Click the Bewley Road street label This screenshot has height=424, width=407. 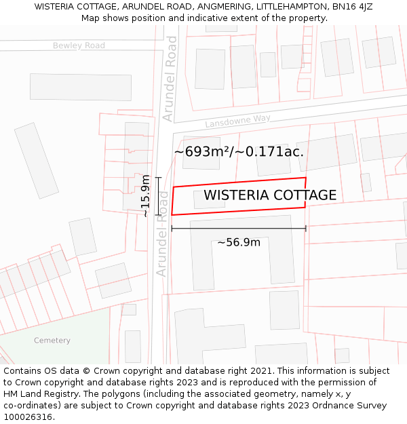click(79, 45)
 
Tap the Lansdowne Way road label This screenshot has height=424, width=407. click(238, 121)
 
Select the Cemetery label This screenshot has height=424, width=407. click(52, 341)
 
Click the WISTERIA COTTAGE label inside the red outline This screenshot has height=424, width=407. click(270, 195)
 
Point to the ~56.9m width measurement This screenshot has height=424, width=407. click(239, 242)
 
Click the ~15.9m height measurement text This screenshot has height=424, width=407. click(145, 196)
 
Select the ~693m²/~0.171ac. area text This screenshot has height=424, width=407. click(239, 151)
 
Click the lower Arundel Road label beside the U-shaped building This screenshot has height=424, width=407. click(163, 234)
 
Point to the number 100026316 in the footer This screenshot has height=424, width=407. click(28, 417)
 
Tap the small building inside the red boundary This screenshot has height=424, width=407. click(208, 199)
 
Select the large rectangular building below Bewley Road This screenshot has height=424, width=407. click(81, 87)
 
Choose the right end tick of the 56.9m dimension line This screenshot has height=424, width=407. click(306, 229)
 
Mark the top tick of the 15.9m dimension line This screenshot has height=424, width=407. click(158, 178)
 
